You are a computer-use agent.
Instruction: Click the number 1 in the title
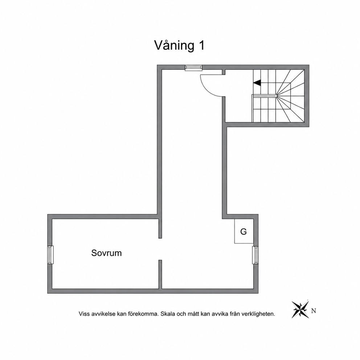pos(201,45)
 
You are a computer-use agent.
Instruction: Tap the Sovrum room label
pos(107,253)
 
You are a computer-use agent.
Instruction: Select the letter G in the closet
pos(244,232)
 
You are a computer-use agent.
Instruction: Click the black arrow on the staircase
pos(257,83)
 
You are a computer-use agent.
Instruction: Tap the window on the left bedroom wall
pos(50,255)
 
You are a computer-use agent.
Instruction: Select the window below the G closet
pos(255,255)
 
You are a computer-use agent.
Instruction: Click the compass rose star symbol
pos(300,310)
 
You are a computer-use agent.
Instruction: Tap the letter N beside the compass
pos(314,311)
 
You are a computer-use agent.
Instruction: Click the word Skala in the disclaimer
pos(168,314)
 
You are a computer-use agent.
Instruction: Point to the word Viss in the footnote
pos(84,314)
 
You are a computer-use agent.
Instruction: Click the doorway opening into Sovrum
pos(160,249)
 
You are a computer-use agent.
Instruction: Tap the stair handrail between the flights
pos(264,96)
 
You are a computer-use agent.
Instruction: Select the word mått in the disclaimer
pos(194,314)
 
